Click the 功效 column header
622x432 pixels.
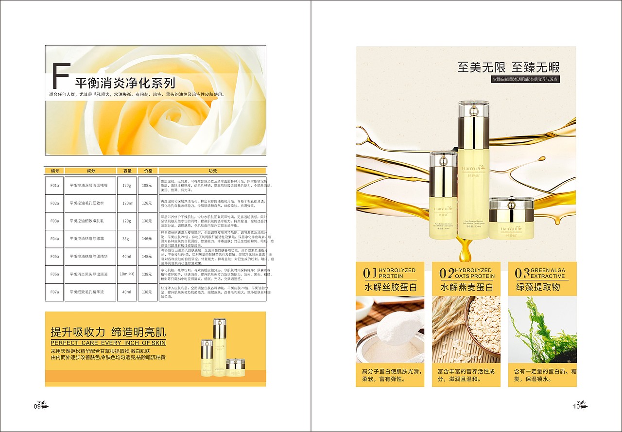tap(212, 171)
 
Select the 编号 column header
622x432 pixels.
tap(54, 171)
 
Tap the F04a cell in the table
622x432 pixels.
tap(54, 239)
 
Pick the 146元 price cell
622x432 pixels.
tap(147, 239)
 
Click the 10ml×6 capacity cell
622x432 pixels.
tap(127, 274)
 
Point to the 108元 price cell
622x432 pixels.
tap(147, 185)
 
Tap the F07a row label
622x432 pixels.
tap(54, 292)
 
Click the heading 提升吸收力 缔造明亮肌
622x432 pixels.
tap(108, 332)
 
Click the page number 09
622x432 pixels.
tap(37, 406)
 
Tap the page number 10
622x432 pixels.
tap(576, 406)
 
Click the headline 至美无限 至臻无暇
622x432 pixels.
tap(508, 67)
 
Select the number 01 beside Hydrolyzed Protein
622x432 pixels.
tap(370, 273)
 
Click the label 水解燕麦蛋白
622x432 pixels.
tap(467, 287)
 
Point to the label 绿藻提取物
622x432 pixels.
tap(538, 287)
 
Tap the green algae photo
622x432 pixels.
tap(542, 330)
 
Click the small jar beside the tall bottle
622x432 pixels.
tap(511, 219)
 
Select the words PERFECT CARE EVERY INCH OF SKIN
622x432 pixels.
tap(108, 343)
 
